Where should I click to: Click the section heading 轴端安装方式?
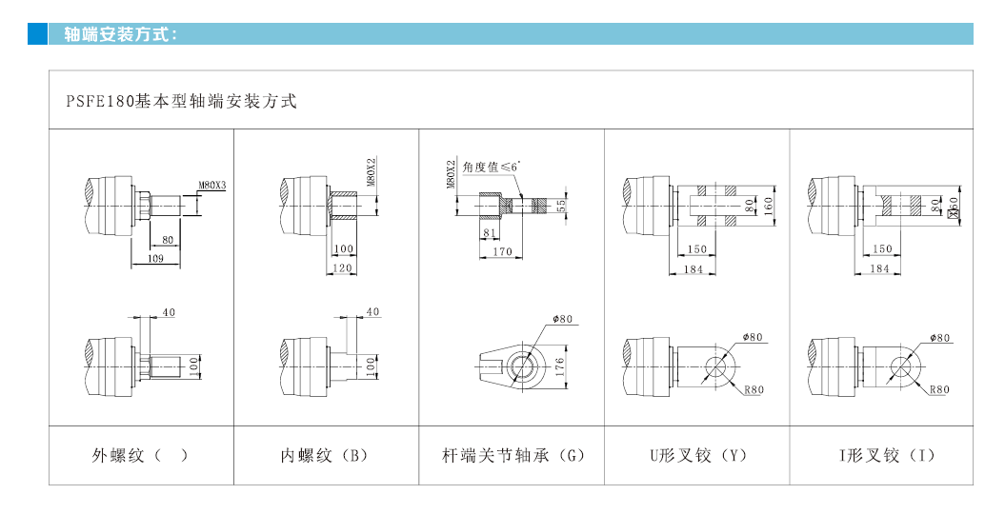120,34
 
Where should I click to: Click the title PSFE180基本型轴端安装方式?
181,101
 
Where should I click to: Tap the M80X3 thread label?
211,186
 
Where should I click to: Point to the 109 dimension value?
155,259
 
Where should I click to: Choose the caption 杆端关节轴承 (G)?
513,455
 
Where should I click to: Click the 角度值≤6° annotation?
492,167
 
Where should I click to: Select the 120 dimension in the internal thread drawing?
343,269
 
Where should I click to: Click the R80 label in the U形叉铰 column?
754,389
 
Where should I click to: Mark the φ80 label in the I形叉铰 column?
939,338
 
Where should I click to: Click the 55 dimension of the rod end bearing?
561,205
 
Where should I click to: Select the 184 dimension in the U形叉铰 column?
693,269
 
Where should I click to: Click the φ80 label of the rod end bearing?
562,320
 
